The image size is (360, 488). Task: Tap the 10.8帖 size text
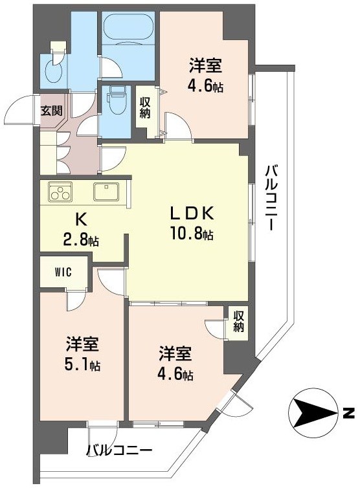(x=192, y=236)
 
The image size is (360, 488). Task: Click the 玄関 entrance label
(x=52, y=110)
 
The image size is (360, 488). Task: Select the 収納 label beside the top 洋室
(x=145, y=107)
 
